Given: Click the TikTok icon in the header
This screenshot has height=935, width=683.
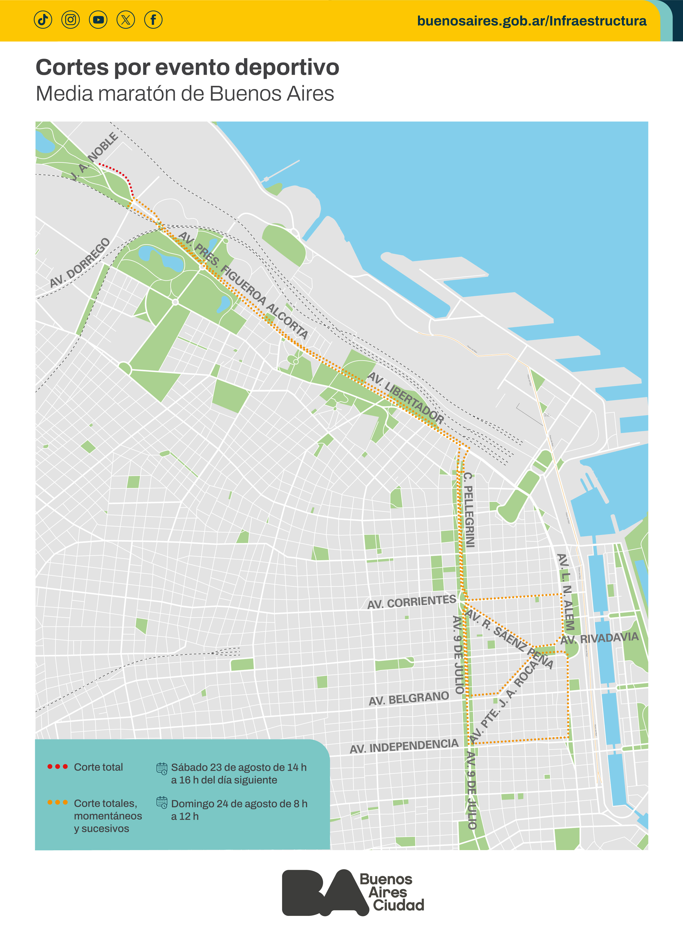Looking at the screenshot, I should (x=43, y=19).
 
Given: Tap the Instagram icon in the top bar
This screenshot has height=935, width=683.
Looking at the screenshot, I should (x=71, y=19).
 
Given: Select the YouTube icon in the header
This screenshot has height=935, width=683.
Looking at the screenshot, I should (x=98, y=19).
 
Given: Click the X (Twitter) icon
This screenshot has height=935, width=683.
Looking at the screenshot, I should (x=126, y=19).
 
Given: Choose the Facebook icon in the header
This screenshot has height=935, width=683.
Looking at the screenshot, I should (x=153, y=19).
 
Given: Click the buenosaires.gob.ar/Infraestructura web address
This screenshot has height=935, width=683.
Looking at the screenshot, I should (x=532, y=21).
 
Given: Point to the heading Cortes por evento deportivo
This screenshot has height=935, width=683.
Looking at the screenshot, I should (x=187, y=67).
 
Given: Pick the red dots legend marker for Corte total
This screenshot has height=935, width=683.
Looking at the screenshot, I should (x=57, y=767).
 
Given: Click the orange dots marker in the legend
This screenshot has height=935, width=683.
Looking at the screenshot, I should (x=57, y=802).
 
